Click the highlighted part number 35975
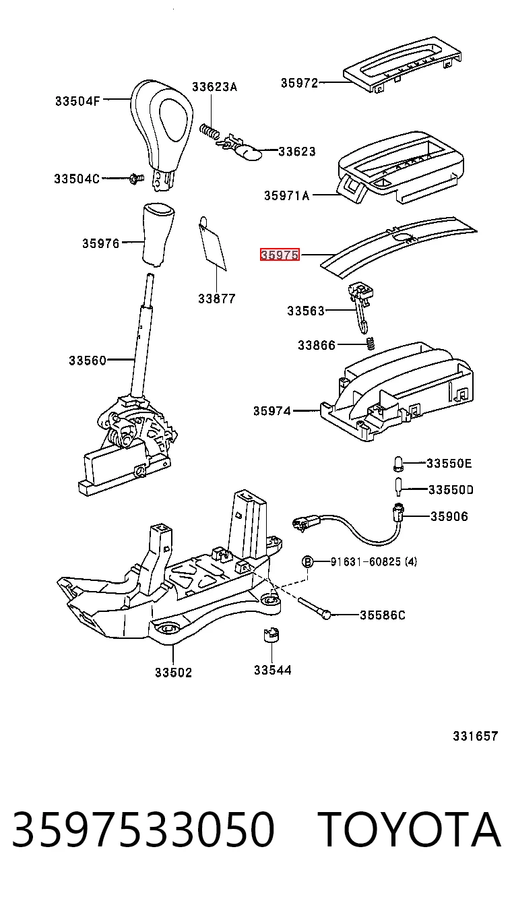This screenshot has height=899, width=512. pyautogui.click(x=280, y=255)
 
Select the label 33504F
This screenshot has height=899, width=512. pyautogui.click(x=77, y=100)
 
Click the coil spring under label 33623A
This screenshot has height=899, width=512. pyautogui.click(x=210, y=131)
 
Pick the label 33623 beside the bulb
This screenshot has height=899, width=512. pyautogui.click(x=297, y=152)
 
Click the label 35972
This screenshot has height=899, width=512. pyautogui.click(x=299, y=83)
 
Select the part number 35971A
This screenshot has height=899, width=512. pyautogui.click(x=286, y=195)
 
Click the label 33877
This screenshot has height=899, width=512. pyautogui.click(x=217, y=299)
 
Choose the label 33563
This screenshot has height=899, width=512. pyautogui.click(x=306, y=311)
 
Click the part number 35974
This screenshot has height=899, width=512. pyautogui.click(x=271, y=411)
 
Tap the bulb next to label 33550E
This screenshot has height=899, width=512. pyautogui.click(x=397, y=464)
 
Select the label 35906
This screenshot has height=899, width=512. pyautogui.click(x=449, y=516)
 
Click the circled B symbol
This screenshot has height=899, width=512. pyautogui.click(x=307, y=561)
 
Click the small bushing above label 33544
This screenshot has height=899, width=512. pyautogui.click(x=271, y=635)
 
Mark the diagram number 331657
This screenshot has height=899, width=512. pyautogui.click(x=476, y=736)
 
